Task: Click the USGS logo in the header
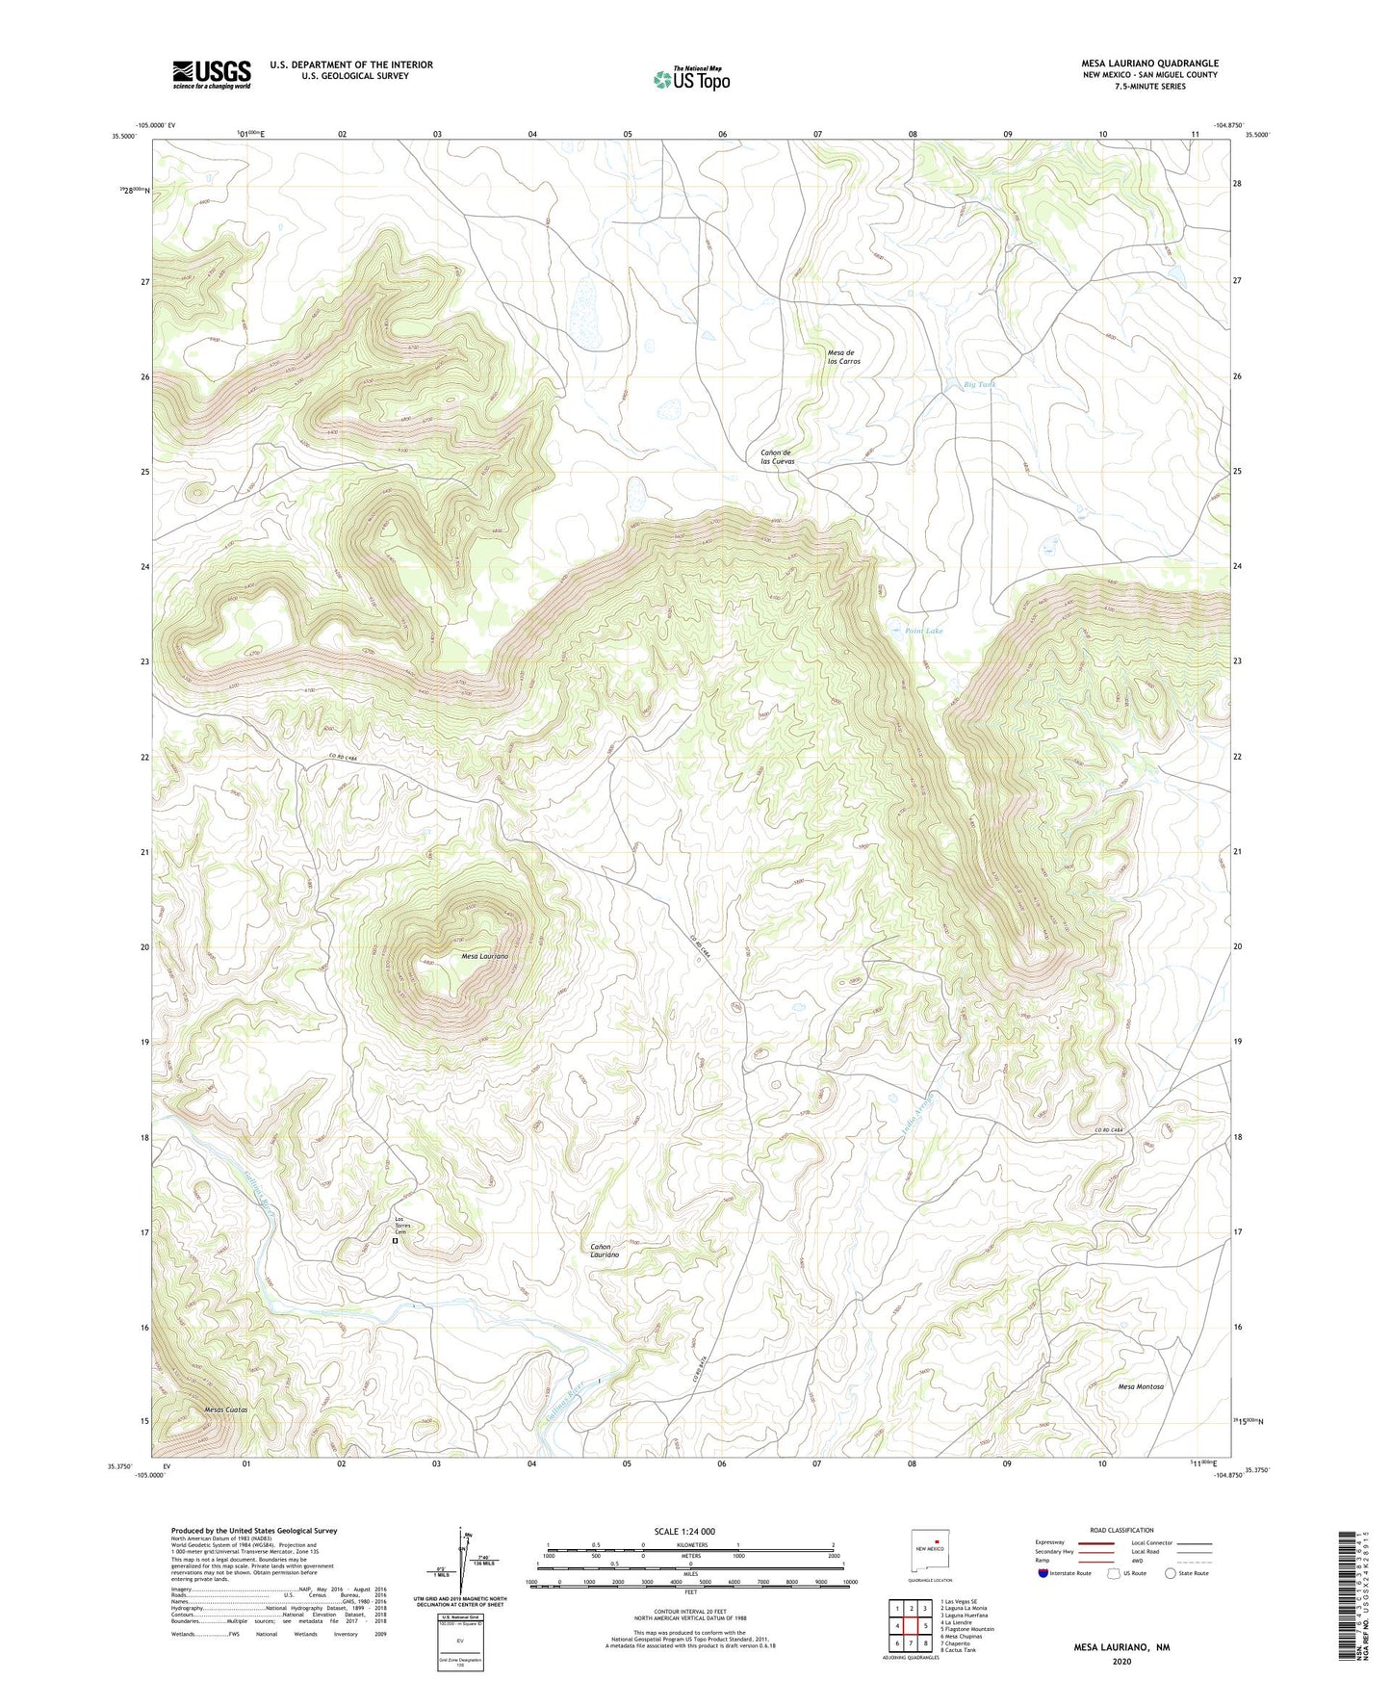click(x=212, y=74)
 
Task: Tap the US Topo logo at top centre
click(x=691, y=79)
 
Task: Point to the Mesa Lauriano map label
click(x=483, y=956)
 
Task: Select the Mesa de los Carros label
click(x=843, y=356)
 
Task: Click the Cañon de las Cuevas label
click(x=777, y=456)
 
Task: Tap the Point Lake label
click(x=923, y=631)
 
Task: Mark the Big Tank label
click(x=980, y=384)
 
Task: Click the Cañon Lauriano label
click(x=605, y=1251)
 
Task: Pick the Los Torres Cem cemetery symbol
click(x=395, y=1242)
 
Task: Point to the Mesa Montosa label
click(x=1141, y=1386)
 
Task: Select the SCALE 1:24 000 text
click(x=683, y=1531)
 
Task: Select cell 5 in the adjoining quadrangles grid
click(x=925, y=1626)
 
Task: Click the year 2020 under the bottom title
click(x=1121, y=1661)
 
